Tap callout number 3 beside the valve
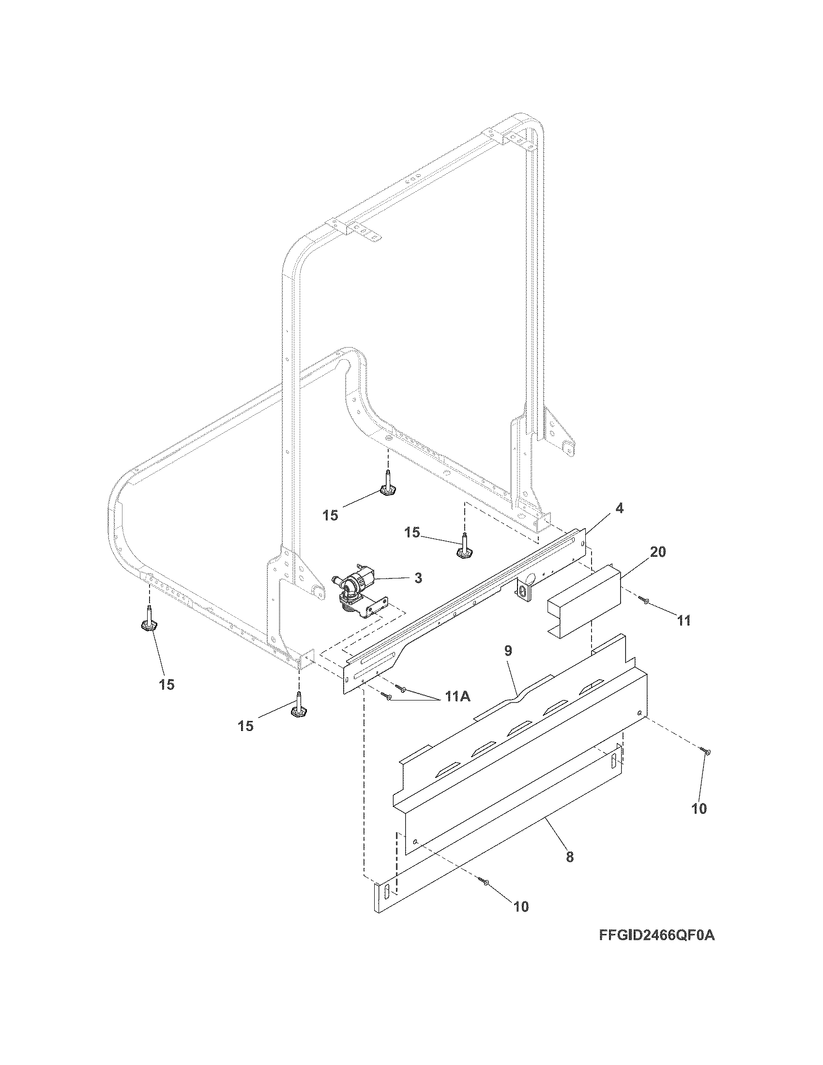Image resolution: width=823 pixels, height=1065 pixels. [418, 578]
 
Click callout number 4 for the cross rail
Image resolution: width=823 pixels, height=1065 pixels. [619, 508]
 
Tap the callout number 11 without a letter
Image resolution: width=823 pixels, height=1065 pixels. [684, 620]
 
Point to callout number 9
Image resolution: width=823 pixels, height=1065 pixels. [508, 652]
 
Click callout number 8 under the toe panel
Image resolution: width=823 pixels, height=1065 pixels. [570, 857]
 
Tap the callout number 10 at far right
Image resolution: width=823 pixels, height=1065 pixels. [699, 808]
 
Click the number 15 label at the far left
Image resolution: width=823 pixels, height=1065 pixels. [166, 685]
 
